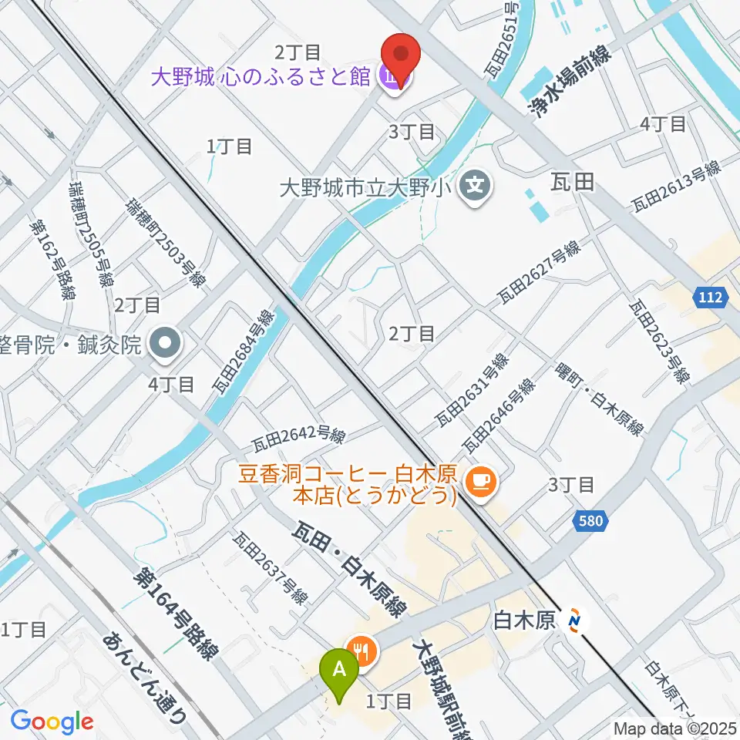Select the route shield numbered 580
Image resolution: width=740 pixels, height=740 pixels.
coord(590,523)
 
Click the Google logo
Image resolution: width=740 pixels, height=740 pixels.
coord(52,721)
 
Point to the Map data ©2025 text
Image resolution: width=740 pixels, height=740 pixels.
coord(675,728)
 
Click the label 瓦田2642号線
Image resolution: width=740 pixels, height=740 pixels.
coord(298,437)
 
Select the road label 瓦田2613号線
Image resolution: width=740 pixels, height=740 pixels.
coord(675,187)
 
